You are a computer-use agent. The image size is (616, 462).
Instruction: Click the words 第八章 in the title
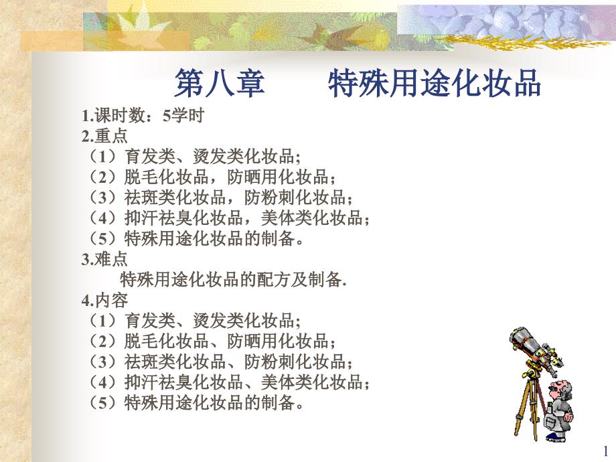tap(220, 82)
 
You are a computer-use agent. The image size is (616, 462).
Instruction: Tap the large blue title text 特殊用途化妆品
tap(435, 82)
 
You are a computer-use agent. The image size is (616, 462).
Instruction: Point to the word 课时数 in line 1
tap(120, 116)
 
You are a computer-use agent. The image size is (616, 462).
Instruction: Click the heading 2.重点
tap(104, 137)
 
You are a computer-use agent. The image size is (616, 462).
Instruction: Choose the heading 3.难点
tap(104, 259)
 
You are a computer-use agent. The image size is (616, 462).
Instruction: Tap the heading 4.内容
tap(104, 301)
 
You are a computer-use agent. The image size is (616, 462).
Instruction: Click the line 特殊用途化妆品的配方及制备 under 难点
tap(233, 280)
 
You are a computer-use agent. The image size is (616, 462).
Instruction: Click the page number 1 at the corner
tap(605, 451)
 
